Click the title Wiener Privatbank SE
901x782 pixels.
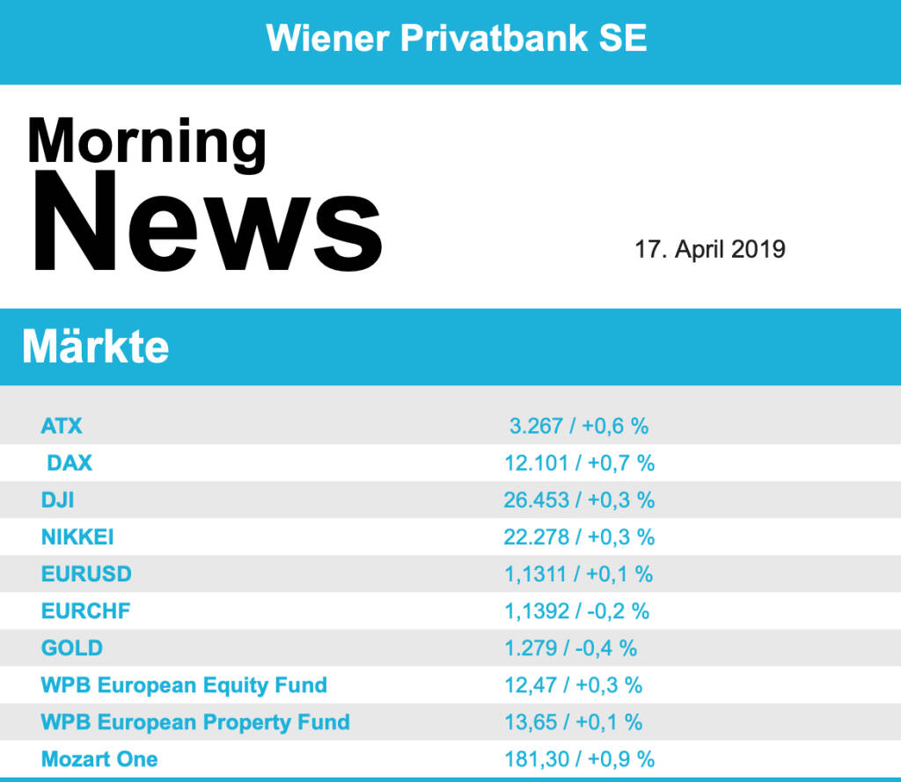(457, 38)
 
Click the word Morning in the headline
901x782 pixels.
(146, 141)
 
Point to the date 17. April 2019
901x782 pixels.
(710, 249)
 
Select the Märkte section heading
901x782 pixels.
(95, 347)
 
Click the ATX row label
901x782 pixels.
(62, 427)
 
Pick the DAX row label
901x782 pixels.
(70, 463)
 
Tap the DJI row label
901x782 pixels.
(58, 501)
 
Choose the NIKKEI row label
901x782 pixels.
(77, 537)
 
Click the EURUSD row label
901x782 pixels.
(86, 574)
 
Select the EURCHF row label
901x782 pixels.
(85, 610)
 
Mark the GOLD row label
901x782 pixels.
(72, 648)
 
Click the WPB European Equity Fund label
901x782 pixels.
(184, 685)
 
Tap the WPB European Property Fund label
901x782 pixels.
(195, 722)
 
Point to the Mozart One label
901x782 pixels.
(99, 759)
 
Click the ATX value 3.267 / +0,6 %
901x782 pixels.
(579, 427)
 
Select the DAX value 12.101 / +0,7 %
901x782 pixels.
(579, 463)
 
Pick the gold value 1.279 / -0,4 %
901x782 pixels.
(571, 648)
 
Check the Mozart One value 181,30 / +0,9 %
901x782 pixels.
(579, 759)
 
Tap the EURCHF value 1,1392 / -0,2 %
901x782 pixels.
(577, 610)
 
